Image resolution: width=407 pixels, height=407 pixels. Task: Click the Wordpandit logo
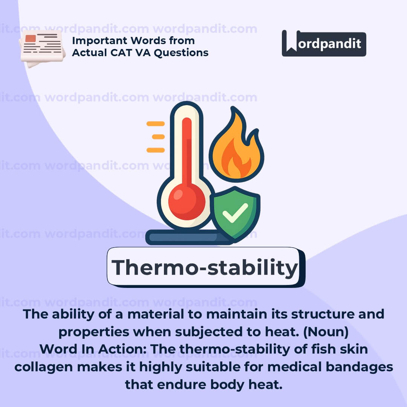point(324,43)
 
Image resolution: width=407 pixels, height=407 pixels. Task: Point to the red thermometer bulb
point(187,202)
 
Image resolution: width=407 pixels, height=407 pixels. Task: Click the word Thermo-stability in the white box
point(205,268)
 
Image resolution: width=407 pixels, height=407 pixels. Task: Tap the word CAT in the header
point(121,53)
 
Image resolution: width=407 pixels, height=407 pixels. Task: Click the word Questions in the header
point(181,53)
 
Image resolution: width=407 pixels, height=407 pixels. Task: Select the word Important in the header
point(99,41)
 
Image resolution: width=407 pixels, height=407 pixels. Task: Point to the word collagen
point(44,367)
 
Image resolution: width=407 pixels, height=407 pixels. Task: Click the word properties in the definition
point(94,332)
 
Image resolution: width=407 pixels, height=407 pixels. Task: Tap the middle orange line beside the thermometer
point(158,137)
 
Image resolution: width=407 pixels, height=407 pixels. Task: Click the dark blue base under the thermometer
point(187,237)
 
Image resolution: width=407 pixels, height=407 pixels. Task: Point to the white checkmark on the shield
point(235,213)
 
